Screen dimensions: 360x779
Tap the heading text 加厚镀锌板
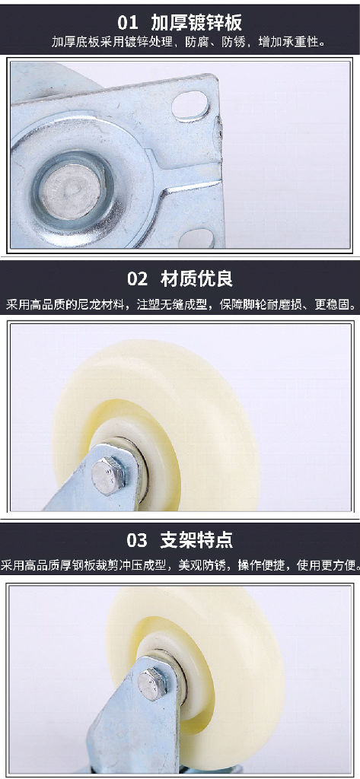(196, 22)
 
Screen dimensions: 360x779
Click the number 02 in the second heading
(138, 278)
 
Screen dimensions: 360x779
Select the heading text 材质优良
(196, 278)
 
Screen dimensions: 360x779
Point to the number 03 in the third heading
(137, 540)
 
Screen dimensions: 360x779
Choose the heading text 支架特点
(196, 540)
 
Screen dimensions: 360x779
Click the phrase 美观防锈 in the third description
(203, 565)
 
